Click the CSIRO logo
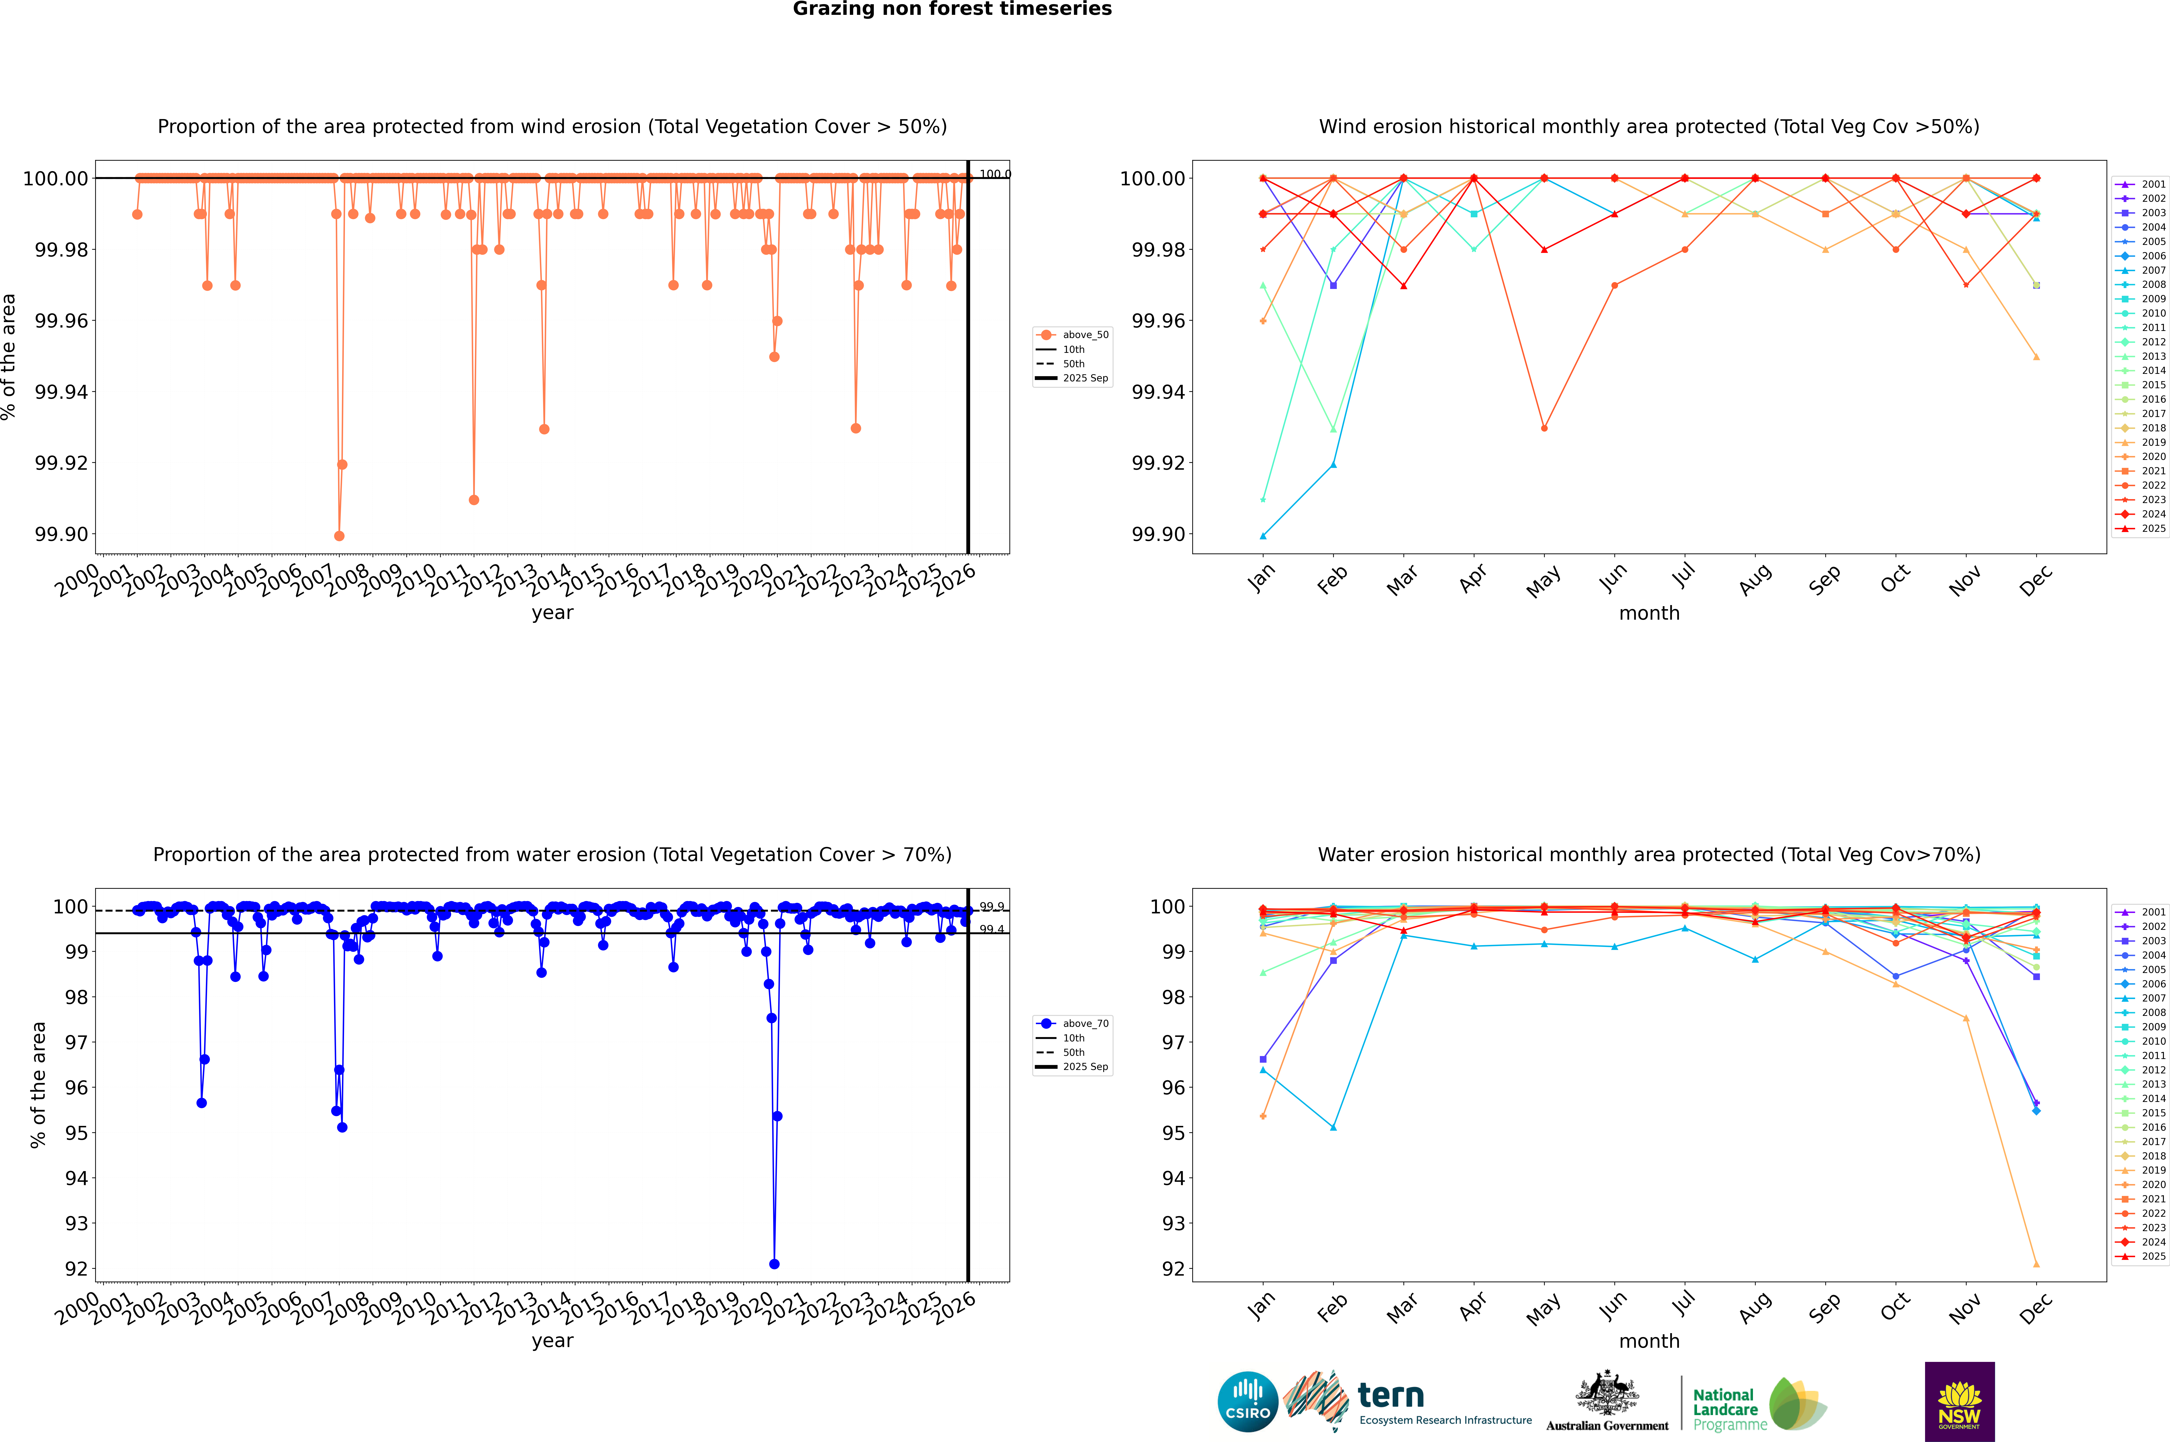pyautogui.click(x=1247, y=1402)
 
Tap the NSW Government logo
pyautogui.click(x=1959, y=1402)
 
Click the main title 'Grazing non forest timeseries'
pyautogui.click(x=952, y=9)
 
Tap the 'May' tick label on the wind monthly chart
pyautogui.click(x=1544, y=581)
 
